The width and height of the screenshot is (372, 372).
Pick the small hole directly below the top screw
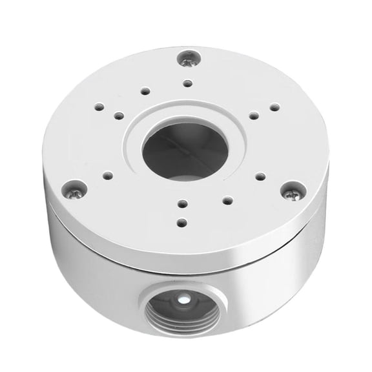187,83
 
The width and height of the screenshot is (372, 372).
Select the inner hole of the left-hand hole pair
118,116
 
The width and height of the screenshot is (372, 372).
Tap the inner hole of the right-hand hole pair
254,116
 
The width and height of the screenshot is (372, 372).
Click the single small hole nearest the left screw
107,174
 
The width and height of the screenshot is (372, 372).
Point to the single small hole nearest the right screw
261,176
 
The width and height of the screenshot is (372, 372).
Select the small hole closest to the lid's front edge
182,222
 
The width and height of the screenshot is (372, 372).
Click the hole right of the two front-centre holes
227,201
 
